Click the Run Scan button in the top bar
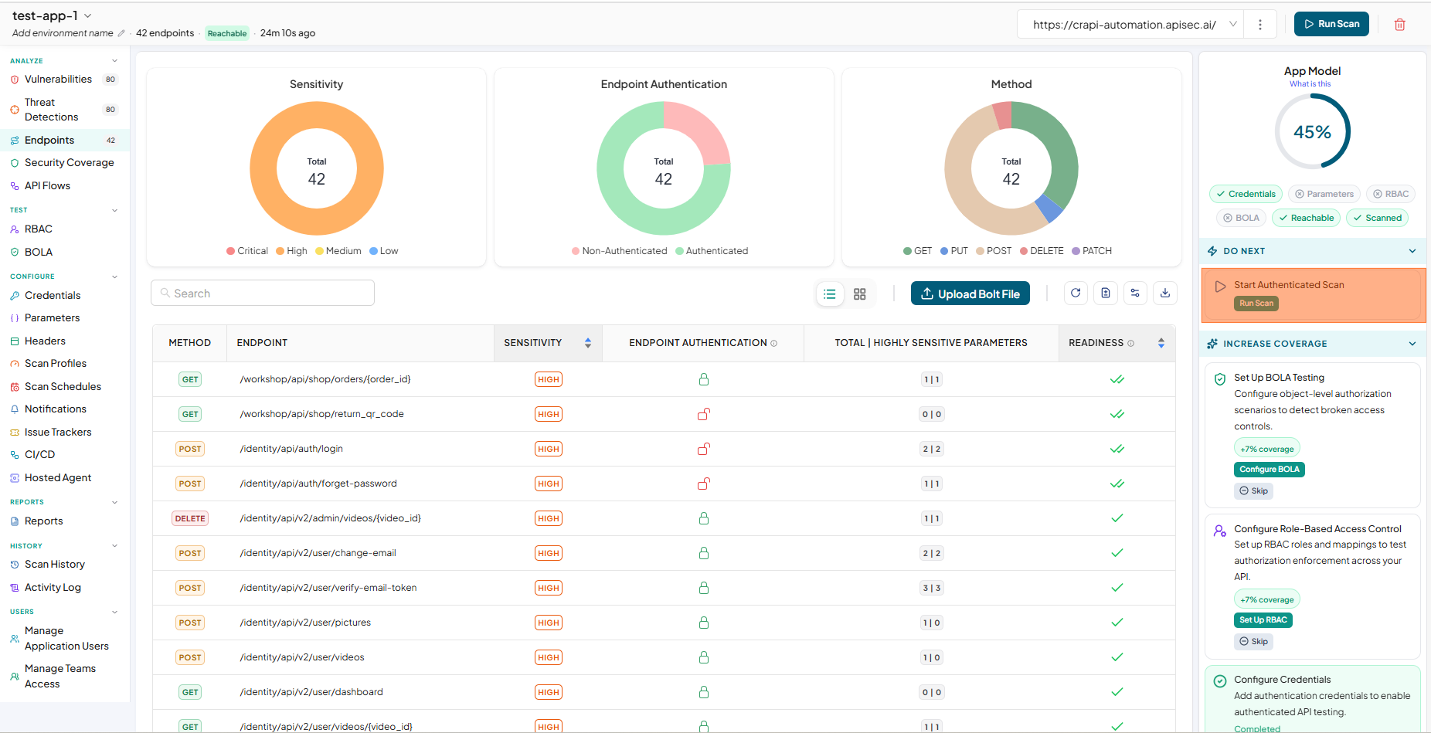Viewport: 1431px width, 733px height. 1331,24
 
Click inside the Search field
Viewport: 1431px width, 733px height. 263,294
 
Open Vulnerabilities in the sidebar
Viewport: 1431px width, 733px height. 58,80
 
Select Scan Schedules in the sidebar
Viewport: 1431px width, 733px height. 63,386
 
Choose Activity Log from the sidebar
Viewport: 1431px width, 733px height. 53,588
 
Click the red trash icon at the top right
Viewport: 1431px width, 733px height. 1399,25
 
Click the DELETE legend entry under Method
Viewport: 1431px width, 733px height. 1042,251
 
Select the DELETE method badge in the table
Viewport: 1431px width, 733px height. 190,518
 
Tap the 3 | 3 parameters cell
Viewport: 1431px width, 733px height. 931,588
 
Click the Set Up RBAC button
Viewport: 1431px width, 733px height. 1263,620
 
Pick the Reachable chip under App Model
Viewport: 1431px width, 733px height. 1306,218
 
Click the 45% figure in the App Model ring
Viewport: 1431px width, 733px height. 1312,132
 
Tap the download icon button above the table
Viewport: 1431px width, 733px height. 1165,294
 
